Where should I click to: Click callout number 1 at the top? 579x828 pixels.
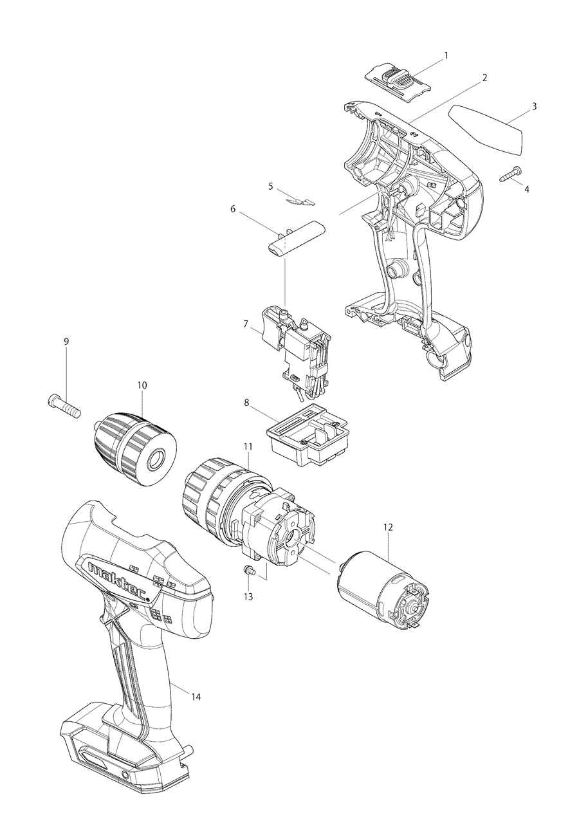(446, 56)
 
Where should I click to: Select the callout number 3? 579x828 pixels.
(533, 106)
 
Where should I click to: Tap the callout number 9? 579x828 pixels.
(66, 342)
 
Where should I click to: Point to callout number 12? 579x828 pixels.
(387, 527)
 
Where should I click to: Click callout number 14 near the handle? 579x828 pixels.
(196, 697)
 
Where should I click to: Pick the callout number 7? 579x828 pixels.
(246, 324)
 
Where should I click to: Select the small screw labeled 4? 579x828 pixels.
(511, 172)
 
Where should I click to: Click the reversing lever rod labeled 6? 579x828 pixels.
(297, 239)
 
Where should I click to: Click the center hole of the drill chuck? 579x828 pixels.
(156, 460)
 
